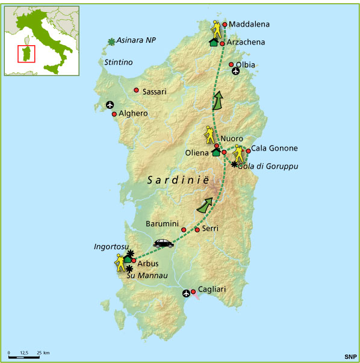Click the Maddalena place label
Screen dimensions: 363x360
coord(249,25)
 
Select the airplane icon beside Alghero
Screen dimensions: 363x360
coord(110,105)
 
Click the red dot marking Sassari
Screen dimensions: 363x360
coord(136,92)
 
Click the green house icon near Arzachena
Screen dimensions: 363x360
coord(213,42)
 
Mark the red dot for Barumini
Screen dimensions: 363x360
coord(184,229)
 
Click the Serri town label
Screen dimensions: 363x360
coord(210,229)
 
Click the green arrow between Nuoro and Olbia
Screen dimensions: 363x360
coord(217,101)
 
